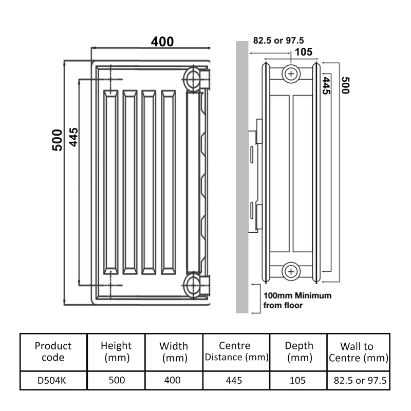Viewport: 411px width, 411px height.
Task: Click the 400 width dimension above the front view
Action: [x=162, y=41]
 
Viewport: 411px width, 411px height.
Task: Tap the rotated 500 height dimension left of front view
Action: [x=57, y=140]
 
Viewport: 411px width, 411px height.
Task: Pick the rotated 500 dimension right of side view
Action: [x=345, y=85]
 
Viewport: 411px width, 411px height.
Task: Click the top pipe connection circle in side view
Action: [x=291, y=74]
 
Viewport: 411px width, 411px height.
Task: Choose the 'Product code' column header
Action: [x=53, y=352]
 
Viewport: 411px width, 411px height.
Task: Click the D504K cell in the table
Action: [x=53, y=381]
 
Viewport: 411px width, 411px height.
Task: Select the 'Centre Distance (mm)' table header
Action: [x=236, y=352]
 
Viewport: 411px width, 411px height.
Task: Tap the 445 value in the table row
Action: [x=236, y=381]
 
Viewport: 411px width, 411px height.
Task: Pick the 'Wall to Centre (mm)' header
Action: [x=357, y=352]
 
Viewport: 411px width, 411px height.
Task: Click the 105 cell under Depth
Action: [x=298, y=381]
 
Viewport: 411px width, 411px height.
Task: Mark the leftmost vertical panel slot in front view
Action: [x=110, y=182]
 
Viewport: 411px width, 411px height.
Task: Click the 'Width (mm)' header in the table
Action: [x=174, y=352]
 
